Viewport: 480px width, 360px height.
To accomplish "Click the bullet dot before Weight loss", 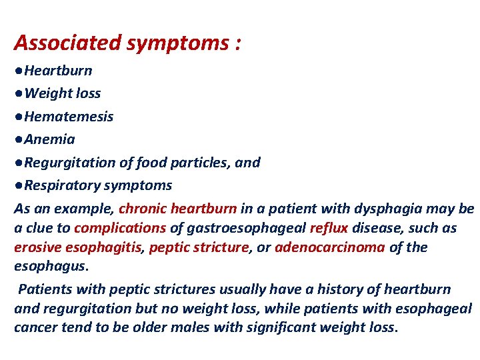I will [19, 93].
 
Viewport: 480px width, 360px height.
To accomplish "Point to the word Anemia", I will [49, 139].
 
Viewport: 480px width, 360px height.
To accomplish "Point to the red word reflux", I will [329, 228].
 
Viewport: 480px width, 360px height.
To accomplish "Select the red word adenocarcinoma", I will [329, 247].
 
